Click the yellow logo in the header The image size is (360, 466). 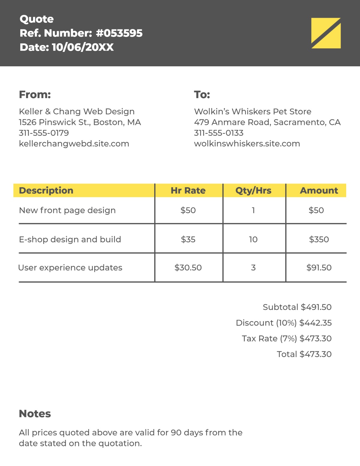pos(326,33)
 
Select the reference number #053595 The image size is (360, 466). pos(119,33)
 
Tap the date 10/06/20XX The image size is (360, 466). pos(82,47)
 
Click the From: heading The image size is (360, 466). pos(35,95)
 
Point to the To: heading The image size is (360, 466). pos(202,95)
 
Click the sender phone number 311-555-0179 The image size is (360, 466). pos(44,133)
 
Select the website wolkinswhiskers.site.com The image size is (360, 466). pos(247,144)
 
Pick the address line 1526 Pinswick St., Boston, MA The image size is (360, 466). pos(80,122)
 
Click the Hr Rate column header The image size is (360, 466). pos(188,191)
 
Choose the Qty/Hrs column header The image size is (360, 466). pos(253,191)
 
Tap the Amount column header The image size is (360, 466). pos(319,191)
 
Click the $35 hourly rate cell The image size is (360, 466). pos(188,239)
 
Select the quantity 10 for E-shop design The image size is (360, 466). pos(253,239)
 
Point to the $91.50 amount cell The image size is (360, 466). pos(319,267)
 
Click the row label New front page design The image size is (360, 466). pos(67,210)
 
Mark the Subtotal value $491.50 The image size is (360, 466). pos(316,307)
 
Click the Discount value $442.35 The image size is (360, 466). pos(316,323)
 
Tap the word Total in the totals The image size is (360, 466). pos(287,354)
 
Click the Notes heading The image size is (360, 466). pos(35,414)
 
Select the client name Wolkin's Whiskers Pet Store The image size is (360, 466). pos(253,111)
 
